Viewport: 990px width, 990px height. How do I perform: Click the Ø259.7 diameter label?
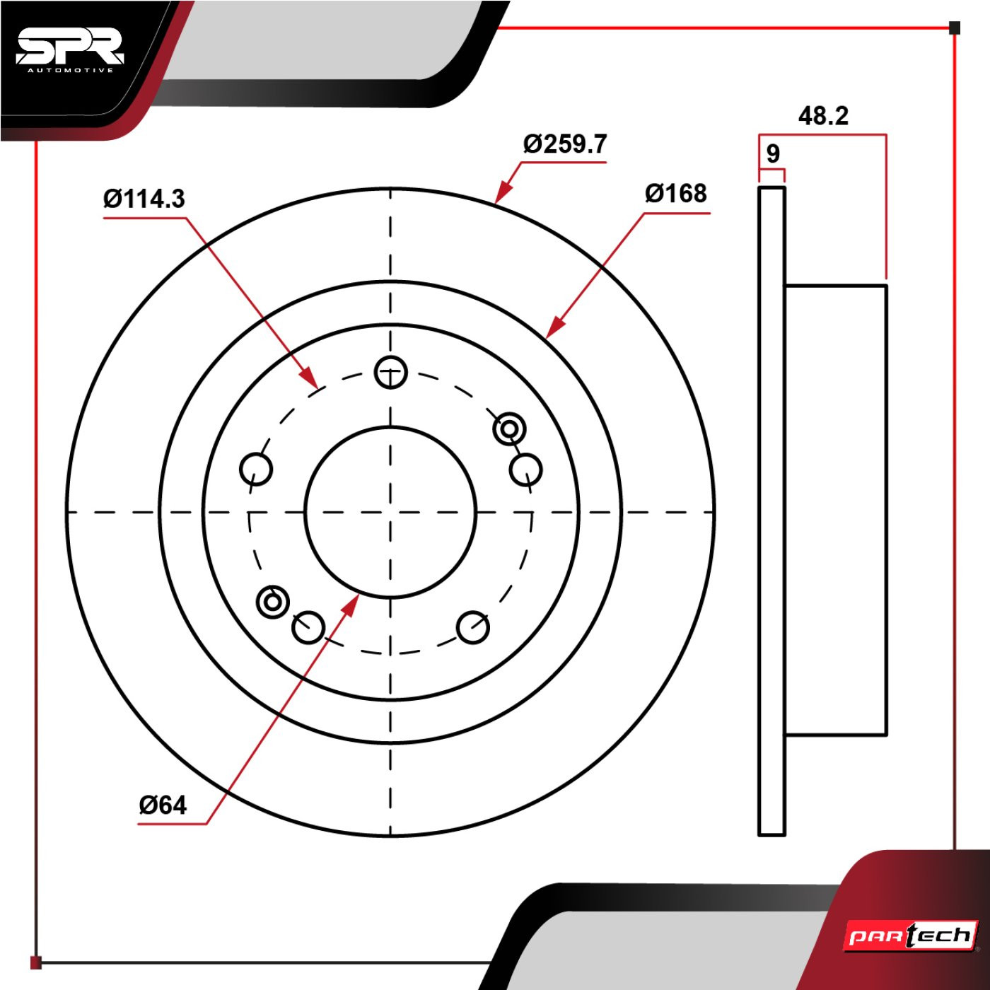565,144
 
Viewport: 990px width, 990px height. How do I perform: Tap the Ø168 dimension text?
675,194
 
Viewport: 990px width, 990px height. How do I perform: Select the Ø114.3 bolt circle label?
144,199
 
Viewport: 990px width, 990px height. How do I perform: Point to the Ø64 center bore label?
163,805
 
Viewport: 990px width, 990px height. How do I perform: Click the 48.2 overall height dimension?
823,116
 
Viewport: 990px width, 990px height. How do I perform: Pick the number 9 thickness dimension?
773,153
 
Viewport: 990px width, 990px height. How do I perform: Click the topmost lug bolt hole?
391,372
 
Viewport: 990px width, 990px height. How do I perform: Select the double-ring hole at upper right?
509,428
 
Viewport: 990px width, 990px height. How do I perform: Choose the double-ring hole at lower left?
272,602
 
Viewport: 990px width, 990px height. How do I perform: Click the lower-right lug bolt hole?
472,628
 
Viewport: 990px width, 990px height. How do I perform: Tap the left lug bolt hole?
256,470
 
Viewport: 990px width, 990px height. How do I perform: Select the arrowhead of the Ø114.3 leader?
308,376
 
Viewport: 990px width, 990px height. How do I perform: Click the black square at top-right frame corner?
955,28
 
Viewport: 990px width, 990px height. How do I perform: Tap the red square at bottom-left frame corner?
35,962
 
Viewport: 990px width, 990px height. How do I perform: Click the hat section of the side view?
836,510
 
